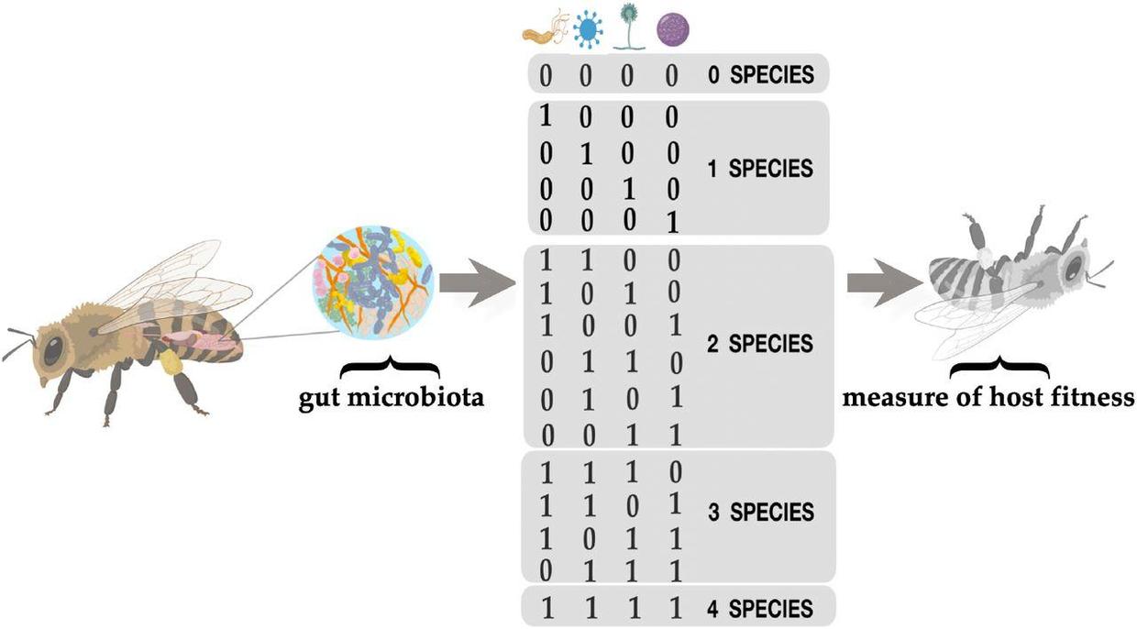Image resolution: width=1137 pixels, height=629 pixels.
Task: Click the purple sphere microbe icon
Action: (x=673, y=29)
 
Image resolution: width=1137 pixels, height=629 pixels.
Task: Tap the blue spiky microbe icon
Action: (x=589, y=29)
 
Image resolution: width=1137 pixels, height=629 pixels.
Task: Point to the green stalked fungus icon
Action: (x=629, y=28)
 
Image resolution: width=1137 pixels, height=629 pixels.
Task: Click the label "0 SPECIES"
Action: (x=761, y=75)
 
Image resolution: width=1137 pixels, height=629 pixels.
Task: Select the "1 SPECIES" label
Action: (x=760, y=168)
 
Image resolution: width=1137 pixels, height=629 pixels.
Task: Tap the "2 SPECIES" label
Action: (x=760, y=344)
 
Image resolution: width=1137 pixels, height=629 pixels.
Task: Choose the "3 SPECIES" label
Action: (x=761, y=512)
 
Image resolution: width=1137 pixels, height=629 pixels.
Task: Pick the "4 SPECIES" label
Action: (x=760, y=608)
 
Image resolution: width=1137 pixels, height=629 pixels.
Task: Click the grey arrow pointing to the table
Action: (x=477, y=282)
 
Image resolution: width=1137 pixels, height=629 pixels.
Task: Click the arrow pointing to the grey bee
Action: (x=885, y=282)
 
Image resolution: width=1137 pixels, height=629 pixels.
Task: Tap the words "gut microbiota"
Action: (x=391, y=397)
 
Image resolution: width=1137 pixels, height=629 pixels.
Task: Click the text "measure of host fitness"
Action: (x=988, y=397)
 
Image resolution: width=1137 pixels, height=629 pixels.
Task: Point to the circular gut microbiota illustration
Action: (x=373, y=282)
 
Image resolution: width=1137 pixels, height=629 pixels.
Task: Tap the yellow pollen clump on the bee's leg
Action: (x=171, y=362)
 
